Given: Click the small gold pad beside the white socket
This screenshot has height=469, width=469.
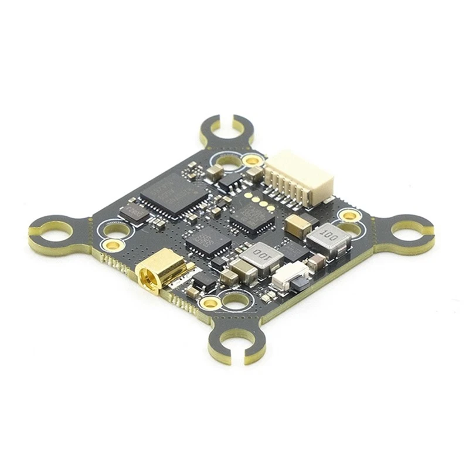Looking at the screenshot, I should [x=252, y=159].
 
